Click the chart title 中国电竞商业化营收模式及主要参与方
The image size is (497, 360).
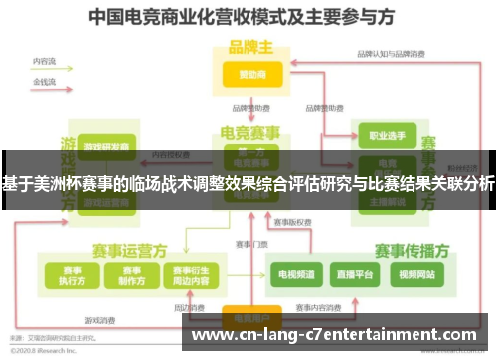click(x=248, y=17)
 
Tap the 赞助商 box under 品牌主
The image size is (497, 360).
click(x=248, y=74)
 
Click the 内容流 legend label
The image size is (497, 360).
click(x=44, y=61)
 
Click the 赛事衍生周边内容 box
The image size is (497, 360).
click(x=191, y=273)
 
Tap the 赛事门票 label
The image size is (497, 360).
click(x=251, y=244)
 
